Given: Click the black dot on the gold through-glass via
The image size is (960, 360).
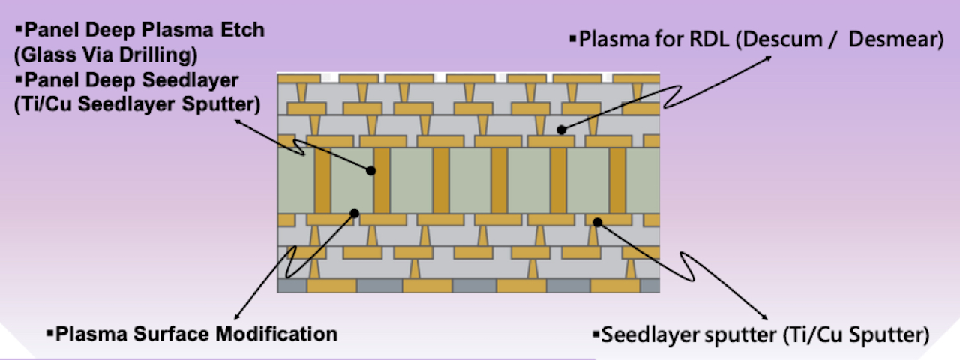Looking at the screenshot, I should tap(370, 171).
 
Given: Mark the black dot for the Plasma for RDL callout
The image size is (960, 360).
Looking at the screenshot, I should tap(562, 130).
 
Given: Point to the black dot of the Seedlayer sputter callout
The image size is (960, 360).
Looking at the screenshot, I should tap(598, 221).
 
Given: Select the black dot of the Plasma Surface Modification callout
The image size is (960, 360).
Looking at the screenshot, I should tap(355, 213).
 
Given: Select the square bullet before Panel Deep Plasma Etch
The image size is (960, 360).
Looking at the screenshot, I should tap(20, 31).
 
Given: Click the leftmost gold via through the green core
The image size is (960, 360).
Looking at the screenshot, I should tap(323, 180).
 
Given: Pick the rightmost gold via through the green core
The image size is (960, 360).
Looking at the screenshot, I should tap(617, 180).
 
